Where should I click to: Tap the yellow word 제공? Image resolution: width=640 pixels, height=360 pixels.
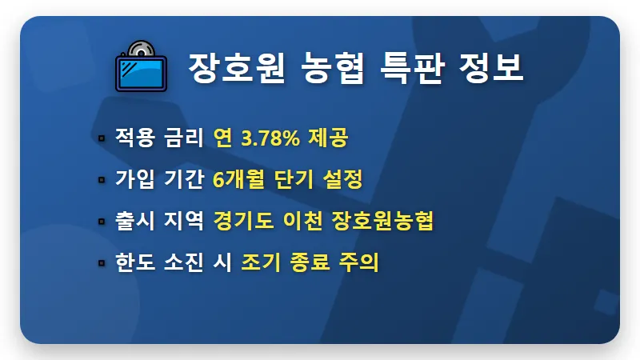click(x=330, y=138)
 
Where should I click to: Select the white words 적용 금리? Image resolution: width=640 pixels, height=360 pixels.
click(x=160, y=138)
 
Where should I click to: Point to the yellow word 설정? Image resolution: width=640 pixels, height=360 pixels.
click(x=342, y=179)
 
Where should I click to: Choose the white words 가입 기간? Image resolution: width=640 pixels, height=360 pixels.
click(x=160, y=179)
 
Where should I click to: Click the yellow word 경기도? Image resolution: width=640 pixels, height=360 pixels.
click(x=239, y=221)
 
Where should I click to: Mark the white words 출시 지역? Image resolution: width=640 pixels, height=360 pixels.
click(x=160, y=221)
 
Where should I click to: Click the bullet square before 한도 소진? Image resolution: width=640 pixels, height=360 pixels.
click(x=102, y=262)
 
